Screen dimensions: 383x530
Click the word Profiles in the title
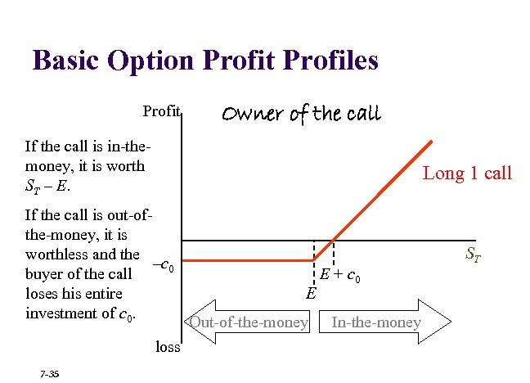coord(321,61)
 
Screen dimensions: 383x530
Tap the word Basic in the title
coord(67,61)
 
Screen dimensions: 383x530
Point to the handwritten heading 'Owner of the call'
coord(302,113)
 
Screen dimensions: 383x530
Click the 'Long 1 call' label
coord(466,173)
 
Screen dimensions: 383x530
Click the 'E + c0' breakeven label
coord(340,276)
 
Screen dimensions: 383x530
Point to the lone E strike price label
coord(312,293)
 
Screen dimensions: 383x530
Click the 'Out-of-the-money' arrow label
coord(248,322)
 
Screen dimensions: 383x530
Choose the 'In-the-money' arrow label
coord(376,322)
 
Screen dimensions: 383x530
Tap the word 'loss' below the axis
coord(167,346)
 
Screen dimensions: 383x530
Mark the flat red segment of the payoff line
coord(245,260)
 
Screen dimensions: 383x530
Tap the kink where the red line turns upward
coord(316,260)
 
